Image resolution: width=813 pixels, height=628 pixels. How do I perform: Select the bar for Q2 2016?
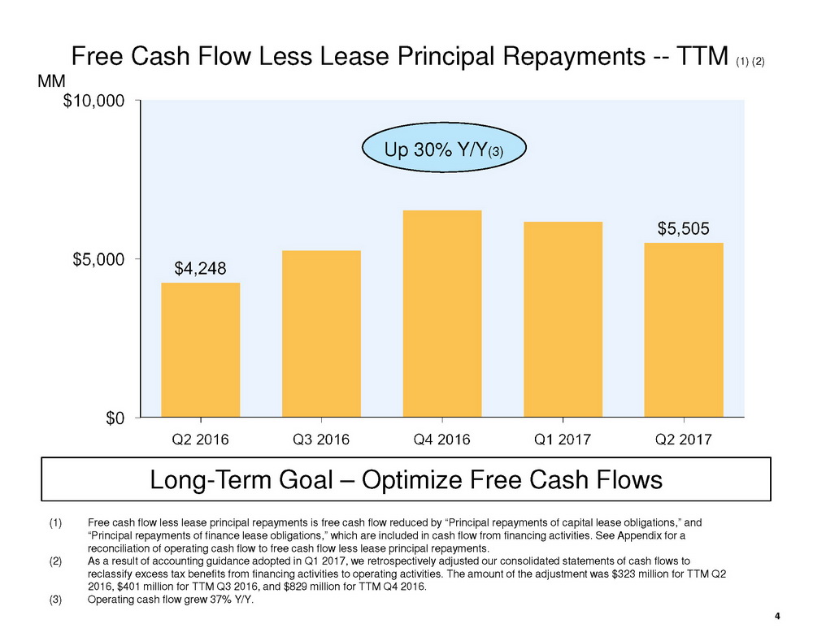pos(201,349)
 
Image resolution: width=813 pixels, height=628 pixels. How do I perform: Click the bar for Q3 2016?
pos(321,333)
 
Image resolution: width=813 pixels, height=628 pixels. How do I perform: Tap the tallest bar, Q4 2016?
pos(442,314)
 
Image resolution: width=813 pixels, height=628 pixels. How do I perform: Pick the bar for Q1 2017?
pos(563,319)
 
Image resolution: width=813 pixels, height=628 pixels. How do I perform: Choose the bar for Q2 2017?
pos(684,330)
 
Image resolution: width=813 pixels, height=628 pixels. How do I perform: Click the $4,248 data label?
pos(201,267)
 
